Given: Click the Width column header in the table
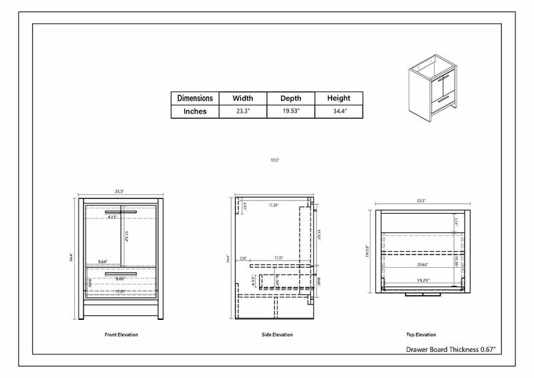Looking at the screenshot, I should (242, 98).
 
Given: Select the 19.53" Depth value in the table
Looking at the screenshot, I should (290, 112).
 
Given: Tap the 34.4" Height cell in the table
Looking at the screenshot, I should (338, 112).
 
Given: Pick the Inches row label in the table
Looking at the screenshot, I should (196, 112).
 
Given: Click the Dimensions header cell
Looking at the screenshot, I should (196, 98).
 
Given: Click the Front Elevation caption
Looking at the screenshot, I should (121, 334).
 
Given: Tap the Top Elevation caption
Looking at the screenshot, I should (421, 334).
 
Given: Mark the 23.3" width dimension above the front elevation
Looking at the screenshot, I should (119, 191).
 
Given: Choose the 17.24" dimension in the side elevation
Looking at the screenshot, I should (274, 205).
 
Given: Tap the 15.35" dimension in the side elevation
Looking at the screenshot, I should (278, 258).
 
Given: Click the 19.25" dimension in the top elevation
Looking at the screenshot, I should (421, 280).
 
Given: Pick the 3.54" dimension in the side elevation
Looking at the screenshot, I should (243, 258).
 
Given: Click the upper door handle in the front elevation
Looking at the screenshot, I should (121, 212).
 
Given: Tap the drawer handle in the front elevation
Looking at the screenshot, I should (121, 273).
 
